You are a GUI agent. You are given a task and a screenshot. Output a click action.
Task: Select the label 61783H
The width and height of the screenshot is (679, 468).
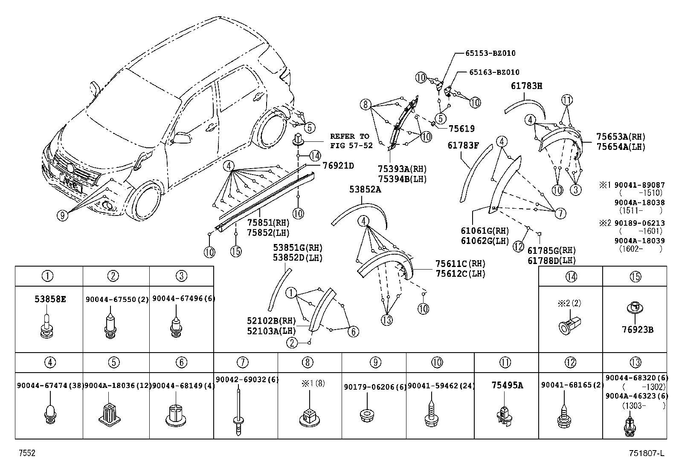[526, 86]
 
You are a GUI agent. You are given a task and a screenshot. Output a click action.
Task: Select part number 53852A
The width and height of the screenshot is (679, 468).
[365, 189]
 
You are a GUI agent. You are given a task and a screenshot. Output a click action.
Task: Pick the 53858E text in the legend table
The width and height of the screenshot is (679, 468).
[50, 299]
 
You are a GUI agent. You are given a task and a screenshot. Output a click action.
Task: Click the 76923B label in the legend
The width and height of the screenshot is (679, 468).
[635, 329]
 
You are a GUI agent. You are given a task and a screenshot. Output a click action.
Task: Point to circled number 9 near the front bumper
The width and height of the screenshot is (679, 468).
[62, 216]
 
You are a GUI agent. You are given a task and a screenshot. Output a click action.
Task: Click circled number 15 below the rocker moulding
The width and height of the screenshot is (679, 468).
[236, 251]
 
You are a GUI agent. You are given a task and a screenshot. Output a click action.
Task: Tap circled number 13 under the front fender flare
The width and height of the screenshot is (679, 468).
[386, 320]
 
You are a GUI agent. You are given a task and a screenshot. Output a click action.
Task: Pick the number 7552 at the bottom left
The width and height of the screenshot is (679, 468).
[26, 454]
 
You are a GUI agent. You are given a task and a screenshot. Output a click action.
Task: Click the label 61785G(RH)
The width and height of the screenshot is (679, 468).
[551, 251]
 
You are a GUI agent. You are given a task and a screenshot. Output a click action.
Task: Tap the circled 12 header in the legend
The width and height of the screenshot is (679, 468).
[570, 362]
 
